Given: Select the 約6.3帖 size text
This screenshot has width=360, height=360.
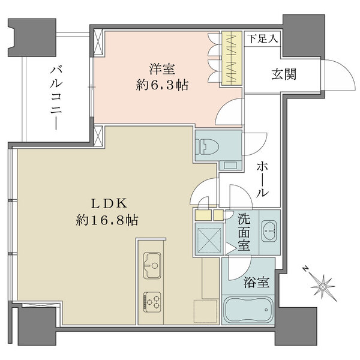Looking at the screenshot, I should point(160,85).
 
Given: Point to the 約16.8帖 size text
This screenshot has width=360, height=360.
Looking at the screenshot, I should point(107,220).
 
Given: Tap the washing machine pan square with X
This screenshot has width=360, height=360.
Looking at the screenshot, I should point(209,241).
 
